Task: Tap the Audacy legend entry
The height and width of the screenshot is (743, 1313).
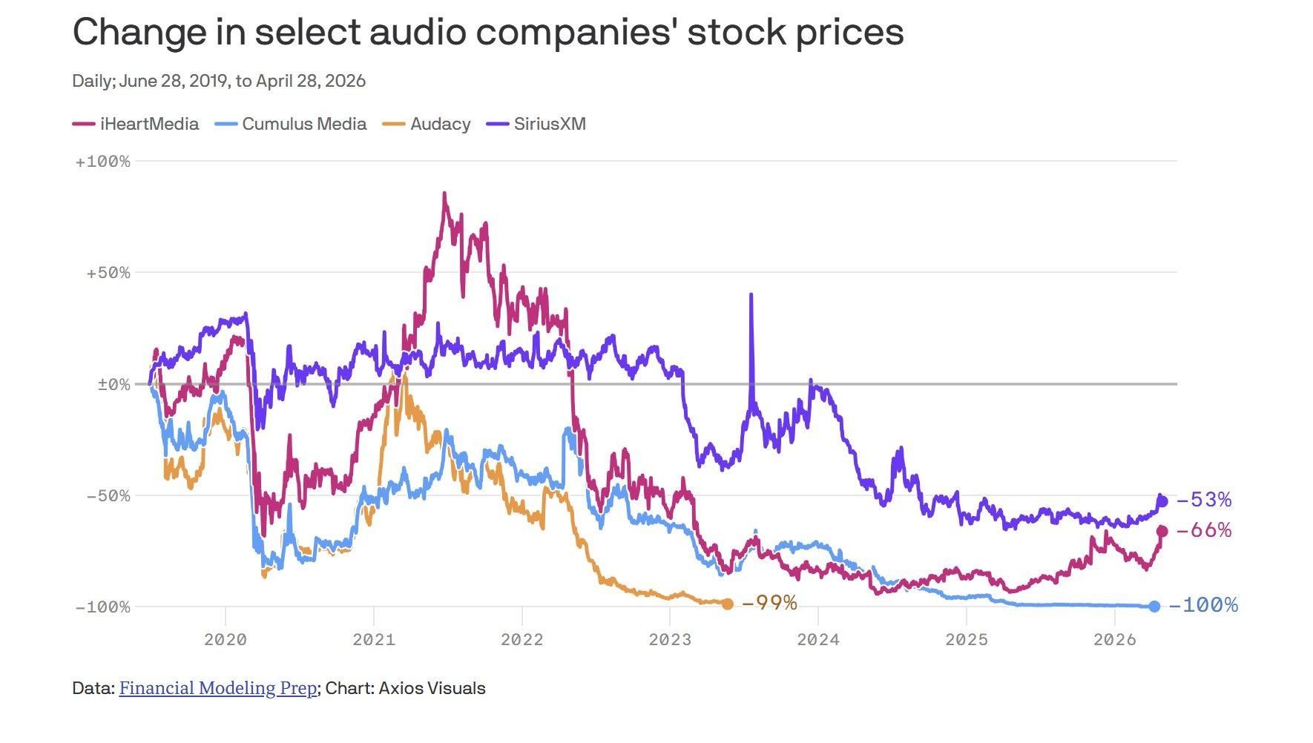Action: (427, 124)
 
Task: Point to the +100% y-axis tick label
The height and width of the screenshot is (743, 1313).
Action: (102, 162)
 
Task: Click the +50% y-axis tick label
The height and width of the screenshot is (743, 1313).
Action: (108, 273)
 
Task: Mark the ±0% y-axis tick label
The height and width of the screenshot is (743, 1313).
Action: (113, 384)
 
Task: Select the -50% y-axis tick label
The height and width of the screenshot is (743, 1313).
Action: (108, 495)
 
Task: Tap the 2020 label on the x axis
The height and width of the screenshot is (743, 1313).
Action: (225, 639)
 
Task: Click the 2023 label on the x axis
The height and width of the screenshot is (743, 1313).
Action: (670, 639)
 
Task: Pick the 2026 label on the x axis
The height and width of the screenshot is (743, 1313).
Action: (1115, 639)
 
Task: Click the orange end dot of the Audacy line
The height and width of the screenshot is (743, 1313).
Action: (728, 604)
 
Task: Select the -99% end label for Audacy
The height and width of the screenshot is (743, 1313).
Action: (769, 603)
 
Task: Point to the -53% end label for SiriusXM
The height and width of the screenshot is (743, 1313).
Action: (1204, 500)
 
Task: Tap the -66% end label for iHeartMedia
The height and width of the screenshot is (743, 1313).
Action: (1204, 530)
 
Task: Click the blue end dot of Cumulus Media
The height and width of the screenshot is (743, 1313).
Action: (1154, 607)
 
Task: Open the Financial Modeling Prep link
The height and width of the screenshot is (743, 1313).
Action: (217, 688)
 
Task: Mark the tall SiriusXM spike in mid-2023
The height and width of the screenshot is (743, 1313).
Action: (751, 295)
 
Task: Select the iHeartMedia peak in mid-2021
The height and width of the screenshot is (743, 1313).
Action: (444, 194)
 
